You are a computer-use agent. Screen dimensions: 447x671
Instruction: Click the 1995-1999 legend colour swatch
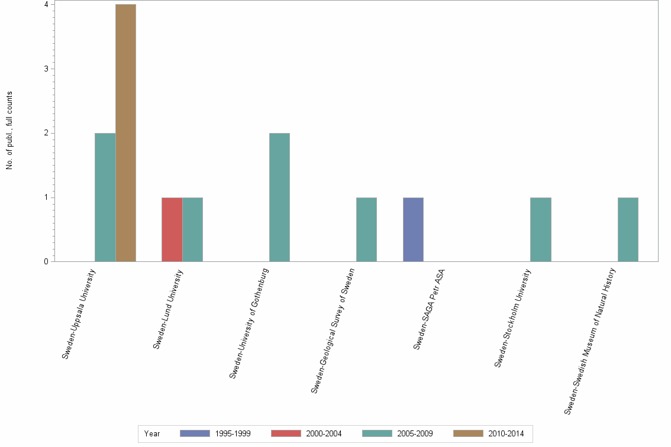click(x=195, y=433)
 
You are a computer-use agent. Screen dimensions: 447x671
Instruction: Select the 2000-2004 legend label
click(x=324, y=433)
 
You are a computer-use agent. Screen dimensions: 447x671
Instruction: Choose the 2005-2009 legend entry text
click(x=415, y=433)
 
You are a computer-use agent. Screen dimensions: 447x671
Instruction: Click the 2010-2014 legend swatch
click(x=468, y=433)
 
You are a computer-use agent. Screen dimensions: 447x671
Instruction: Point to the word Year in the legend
click(x=151, y=433)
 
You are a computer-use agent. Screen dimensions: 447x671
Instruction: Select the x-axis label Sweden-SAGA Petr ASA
click(x=430, y=309)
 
